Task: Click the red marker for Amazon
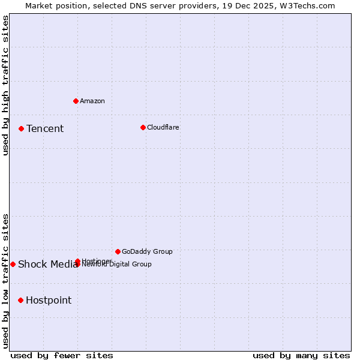click(x=76, y=101)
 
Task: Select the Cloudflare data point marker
click(x=143, y=127)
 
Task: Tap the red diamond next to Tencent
click(x=21, y=128)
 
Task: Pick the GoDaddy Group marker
click(x=118, y=251)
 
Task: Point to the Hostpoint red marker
click(x=20, y=300)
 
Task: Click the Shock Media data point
click(x=13, y=264)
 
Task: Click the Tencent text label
click(x=45, y=128)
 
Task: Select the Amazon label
click(x=92, y=101)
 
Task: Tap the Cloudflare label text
click(x=163, y=127)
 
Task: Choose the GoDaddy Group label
click(x=147, y=251)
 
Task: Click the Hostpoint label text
click(x=49, y=300)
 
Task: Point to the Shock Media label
click(x=48, y=264)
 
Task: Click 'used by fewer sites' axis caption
click(x=62, y=355)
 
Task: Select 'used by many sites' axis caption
click(x=301, y=355)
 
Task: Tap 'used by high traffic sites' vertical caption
click(x=5, y=85)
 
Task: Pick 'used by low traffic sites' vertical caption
click(x=5, y=280)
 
